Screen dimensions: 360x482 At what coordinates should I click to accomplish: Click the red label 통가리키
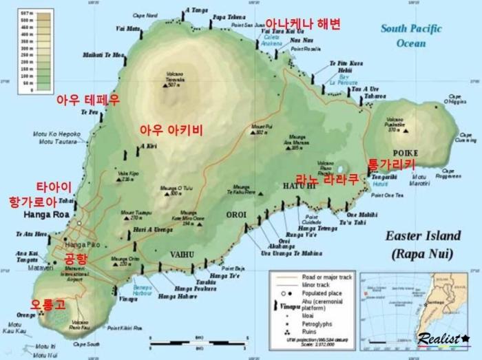point(392,165)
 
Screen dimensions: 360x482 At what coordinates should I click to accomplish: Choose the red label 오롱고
point(48,304)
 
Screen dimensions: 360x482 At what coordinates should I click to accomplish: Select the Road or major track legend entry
point(322,276)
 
